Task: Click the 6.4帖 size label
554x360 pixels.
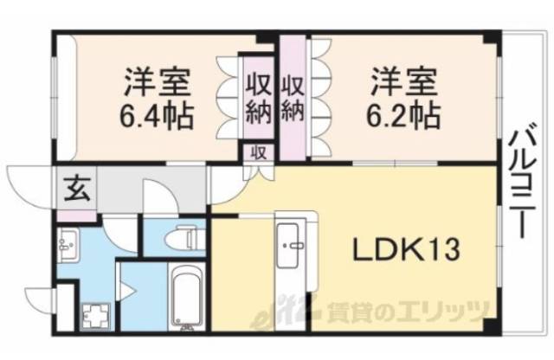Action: [x=157, y=113]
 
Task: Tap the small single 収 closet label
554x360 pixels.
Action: [x=258, y=151]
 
